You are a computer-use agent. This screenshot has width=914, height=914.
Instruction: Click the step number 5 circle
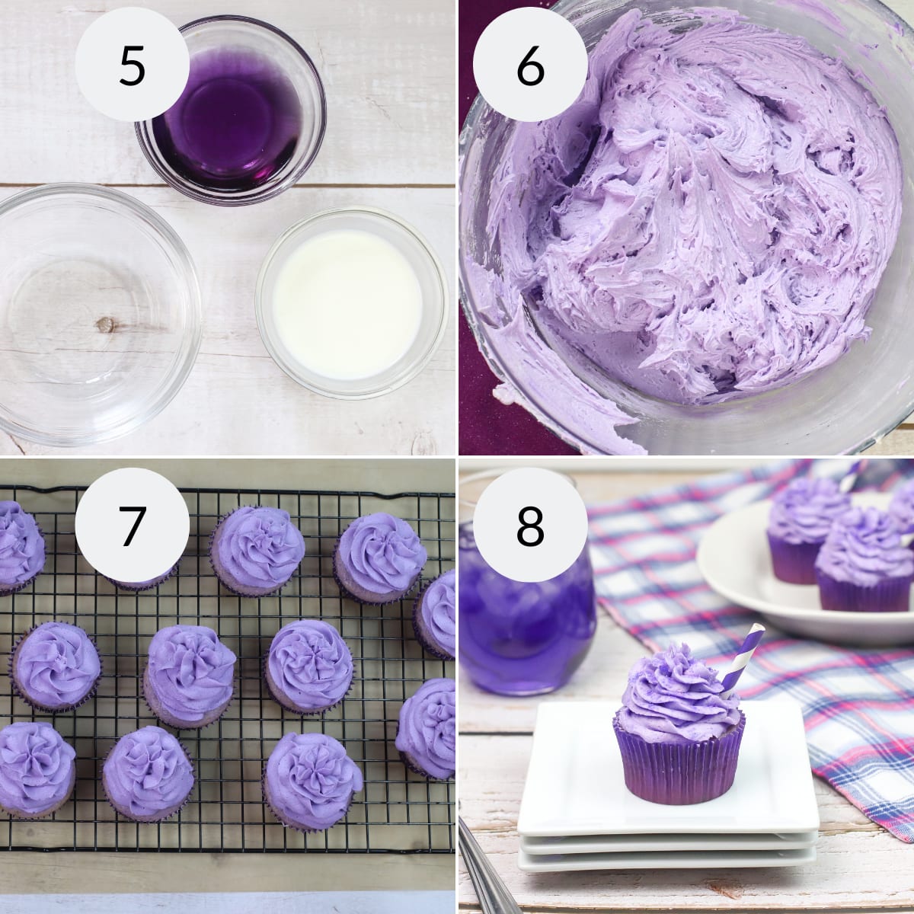click(132, 66)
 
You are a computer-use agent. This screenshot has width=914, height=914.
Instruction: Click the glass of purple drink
click(526, 609)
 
